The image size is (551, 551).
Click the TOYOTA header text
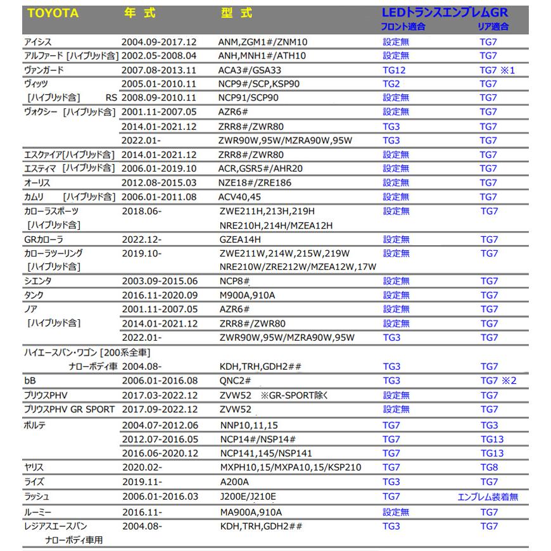53,13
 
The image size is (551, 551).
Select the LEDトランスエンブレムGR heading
445,13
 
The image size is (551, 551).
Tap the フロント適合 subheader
402,27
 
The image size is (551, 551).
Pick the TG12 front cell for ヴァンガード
394,70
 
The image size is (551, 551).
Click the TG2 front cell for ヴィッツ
391,84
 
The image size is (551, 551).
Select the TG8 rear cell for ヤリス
489,467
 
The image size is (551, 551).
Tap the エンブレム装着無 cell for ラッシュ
488,497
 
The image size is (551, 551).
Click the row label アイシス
37,41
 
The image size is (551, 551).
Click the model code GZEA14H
239,239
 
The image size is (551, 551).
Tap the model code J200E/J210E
247,497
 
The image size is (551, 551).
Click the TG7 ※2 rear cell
498,381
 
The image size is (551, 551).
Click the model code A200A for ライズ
232,482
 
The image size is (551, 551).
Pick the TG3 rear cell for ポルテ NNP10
489,425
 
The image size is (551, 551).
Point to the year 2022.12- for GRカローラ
141,239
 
